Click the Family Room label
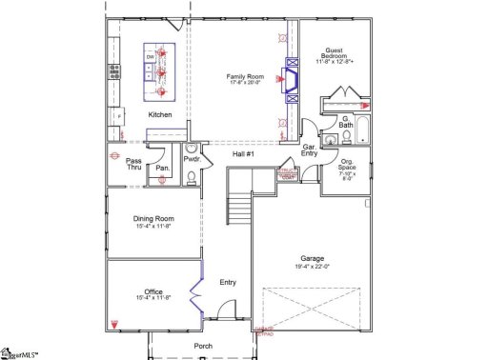click(245, 78)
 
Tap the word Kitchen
click(159, 114)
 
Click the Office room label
click(152, 293)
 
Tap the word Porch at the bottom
click(202, 346)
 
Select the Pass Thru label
click(134, 164)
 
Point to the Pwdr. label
click(192, 159)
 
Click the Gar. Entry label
click(310, 151)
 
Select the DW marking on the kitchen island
click(150, 58)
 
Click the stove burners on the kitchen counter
click(113, 70)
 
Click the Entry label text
click(227, 282)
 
